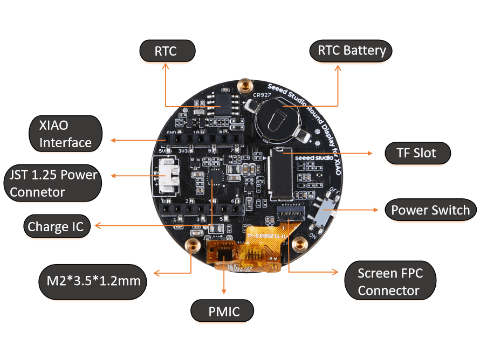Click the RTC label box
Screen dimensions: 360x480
pyautogui.click(x=166, y=51)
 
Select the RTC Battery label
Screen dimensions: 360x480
pyautogui.click(x=352, y=51)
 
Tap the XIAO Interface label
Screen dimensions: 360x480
pyautogui.click(x=65, y=134)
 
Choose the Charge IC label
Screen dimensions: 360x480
pyautogui.click(x=56, y=226)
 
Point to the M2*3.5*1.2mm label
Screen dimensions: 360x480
pyautogui.click(x=93, y=281)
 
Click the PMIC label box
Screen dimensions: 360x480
pyautogui.click(x=223, y=311)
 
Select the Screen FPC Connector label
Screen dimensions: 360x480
pyautogui.click(x=390, y=281)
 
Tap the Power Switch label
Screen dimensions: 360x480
pyautogui.click(x=430, y=210)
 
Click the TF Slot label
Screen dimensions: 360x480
pyautogui.click(x=417, y=153)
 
